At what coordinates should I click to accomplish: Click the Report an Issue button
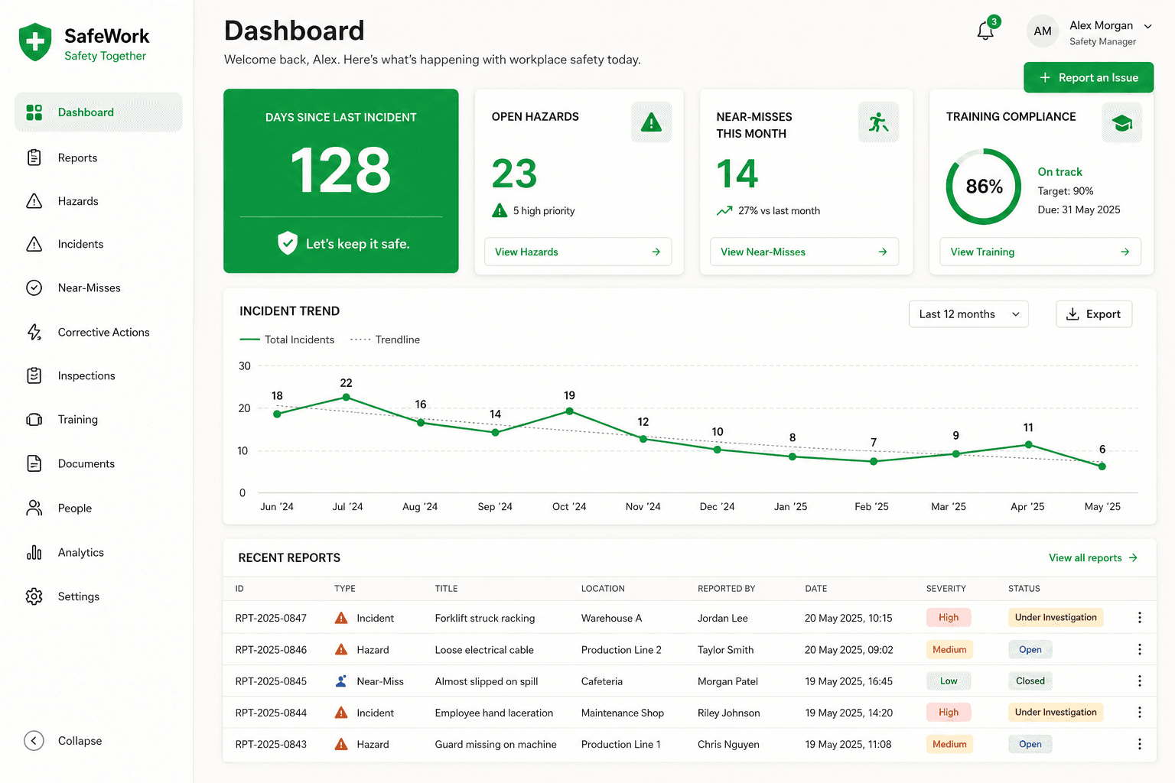point(1089,78)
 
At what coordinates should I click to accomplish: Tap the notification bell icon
point(985,31)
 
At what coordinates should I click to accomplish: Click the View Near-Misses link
point(804,252)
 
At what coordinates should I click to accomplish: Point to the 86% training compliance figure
point(984,186)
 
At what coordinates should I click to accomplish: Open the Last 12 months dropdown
point(968,314)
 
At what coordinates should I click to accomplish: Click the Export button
point(1094,314)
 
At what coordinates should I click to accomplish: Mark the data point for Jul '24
point(347,398)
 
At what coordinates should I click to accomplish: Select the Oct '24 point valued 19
point(570,411)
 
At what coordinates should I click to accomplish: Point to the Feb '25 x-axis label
point(871,507)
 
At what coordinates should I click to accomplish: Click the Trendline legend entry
point(385,340)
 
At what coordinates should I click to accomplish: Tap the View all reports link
point(1092,557)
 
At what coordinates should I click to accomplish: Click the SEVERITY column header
point(946,589)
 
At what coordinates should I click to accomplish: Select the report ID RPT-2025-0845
point(271,681)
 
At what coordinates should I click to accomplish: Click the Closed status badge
point(1030,681)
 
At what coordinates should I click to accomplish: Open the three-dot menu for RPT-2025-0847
point(1139,618)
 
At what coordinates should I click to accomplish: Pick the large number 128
point(341,170)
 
